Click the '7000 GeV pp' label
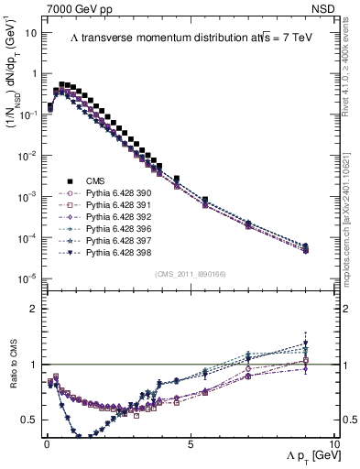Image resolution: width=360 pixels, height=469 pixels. pyautogui.click(x=76, y=7)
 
